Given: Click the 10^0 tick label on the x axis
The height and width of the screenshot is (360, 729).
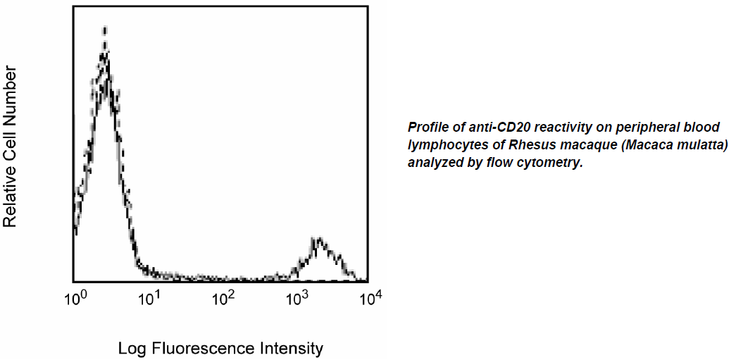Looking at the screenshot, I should [x=75, y=300].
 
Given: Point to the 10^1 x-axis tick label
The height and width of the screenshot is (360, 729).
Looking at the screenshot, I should [x=149, y=300].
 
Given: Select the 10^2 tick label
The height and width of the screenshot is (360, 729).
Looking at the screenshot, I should [x=223, y=300].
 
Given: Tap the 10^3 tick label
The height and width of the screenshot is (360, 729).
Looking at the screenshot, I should [x=298, y=300].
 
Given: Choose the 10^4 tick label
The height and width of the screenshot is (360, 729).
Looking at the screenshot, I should [x=370, y=300].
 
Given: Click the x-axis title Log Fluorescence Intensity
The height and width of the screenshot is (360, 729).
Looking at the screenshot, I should [x=220, y=348].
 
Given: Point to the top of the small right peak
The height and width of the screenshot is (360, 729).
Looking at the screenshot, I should [x=318, y=239].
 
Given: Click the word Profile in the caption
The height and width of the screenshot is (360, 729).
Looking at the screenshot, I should [x=425, y=128].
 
